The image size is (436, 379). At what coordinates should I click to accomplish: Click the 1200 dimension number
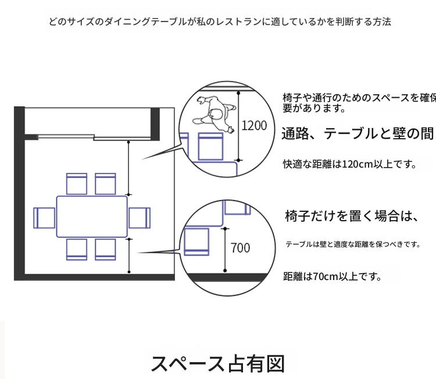(x=254, y=126)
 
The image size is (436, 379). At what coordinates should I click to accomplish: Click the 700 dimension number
(x=240, y=248)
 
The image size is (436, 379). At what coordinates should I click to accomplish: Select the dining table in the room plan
(x=92, y=217)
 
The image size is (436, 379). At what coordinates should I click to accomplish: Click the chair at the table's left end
(x=44, y=218)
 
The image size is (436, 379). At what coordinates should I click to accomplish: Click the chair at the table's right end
(x=140, y=218)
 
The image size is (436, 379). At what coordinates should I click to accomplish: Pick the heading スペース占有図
(x=218, y=364)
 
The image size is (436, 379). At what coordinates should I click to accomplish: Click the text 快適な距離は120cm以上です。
(x=349, y=164)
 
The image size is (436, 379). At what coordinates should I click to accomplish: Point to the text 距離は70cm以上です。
(x=332, y=276)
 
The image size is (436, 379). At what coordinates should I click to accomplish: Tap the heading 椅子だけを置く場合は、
(x=352, y=216)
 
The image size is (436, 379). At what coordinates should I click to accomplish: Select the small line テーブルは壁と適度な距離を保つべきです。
(x=353, y=244)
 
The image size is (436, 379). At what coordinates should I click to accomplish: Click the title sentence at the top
(x=220, y=22)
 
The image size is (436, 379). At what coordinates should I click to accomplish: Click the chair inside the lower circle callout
(x=196, y=242)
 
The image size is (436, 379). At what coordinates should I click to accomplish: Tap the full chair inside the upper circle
(x=210, y=147)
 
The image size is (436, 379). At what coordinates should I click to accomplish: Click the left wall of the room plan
(x=19, y=193)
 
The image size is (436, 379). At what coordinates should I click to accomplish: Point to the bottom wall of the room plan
(x=94, y=277)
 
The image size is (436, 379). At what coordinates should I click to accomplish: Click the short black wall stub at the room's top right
(x=155, y=124)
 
